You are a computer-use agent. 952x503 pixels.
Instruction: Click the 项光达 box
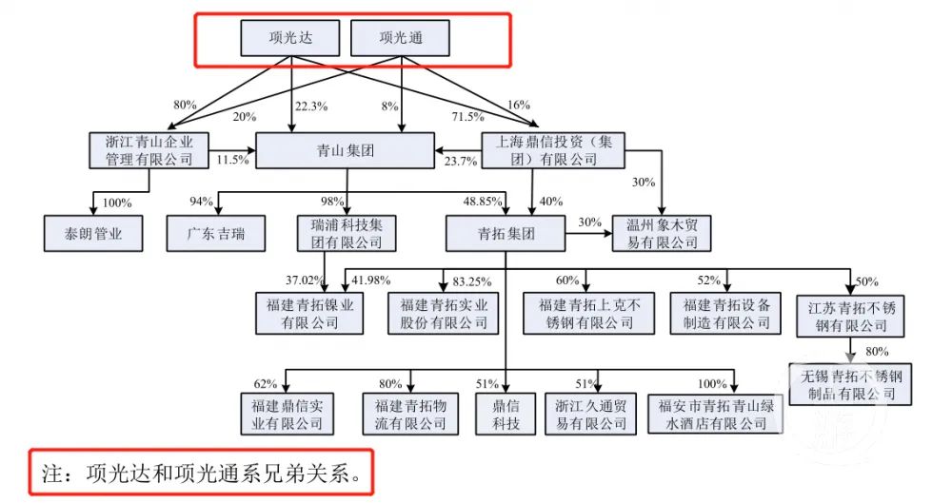(x=290, y=38)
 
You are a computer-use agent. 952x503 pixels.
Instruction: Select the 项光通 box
(x=401, y=38)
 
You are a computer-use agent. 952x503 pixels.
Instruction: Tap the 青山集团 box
(x=346, y=150)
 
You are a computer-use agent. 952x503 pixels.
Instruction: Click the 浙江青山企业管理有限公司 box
(x=149, y=150)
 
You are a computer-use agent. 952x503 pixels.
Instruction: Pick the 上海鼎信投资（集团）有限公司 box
(x=553, y=150)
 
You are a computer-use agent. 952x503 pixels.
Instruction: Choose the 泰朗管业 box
(x=93, y=234)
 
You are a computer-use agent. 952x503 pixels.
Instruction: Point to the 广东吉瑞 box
(x=216, y=234)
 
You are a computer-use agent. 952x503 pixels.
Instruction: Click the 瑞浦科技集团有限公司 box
(x=347, y=234)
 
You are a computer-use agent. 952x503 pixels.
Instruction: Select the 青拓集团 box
(x=506, y=234)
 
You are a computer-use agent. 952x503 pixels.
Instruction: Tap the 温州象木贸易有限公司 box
(x=662, y=234)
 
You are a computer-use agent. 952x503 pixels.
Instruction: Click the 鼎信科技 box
(x=506, y=414)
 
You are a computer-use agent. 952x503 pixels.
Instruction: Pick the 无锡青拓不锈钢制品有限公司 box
(x=850, y=385)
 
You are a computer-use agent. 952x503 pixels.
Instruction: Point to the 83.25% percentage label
(x=472, y=281)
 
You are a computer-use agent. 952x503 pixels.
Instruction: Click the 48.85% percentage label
(x=483, y=201)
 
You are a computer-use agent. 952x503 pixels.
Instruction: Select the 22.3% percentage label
(x=311, y=106)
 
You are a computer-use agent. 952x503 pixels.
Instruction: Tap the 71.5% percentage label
(x=468, y=117)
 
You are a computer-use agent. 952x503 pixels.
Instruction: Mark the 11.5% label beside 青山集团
(x=233, y=160)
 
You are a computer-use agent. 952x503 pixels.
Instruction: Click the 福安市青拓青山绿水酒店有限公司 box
(x=716, y=414)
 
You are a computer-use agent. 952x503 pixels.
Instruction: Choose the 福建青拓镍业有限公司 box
(x=309, y=313)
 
